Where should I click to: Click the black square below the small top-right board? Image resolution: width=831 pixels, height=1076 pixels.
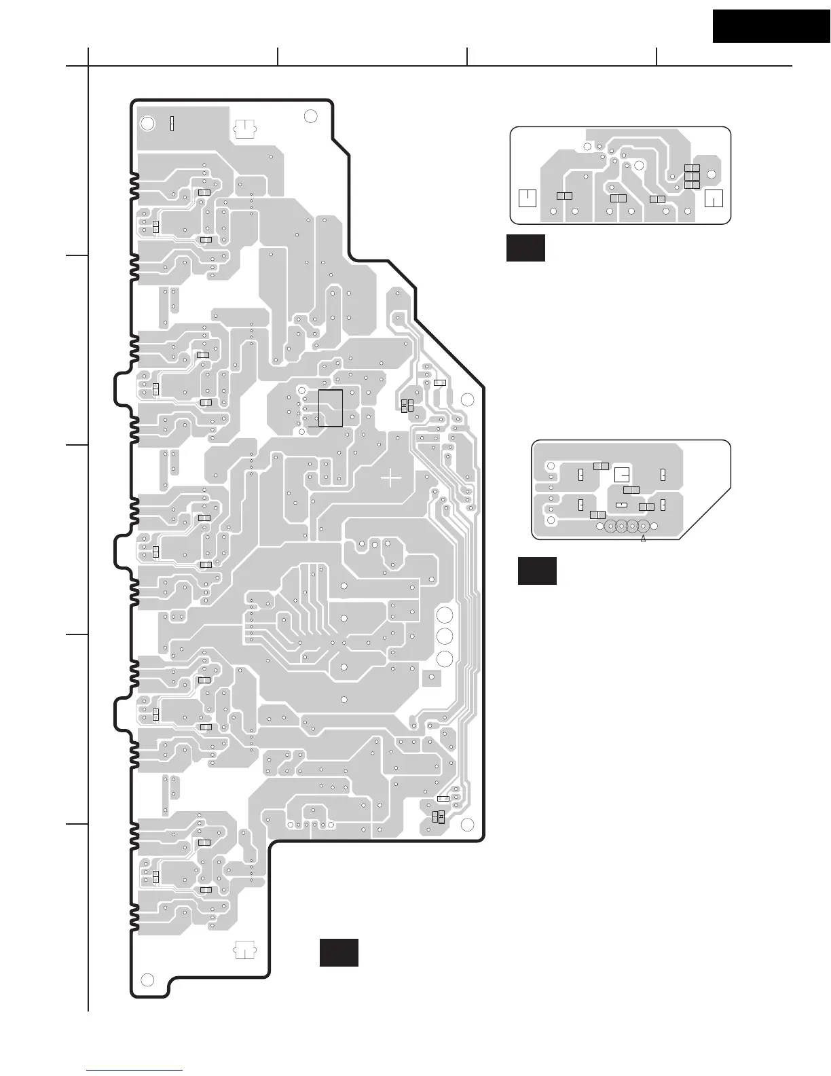click(525, 248)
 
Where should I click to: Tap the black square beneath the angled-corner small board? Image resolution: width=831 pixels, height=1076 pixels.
click(537, 571)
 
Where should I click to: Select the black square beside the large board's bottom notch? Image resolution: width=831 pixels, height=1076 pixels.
click(339, 952)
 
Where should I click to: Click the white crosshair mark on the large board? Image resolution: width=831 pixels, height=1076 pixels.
click(391, 478)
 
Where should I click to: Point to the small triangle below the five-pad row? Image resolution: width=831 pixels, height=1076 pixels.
click(643, 539)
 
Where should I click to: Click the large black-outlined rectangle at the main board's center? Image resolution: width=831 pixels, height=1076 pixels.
click(331, 408)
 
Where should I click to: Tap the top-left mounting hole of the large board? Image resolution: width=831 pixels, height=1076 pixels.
click(147, 124)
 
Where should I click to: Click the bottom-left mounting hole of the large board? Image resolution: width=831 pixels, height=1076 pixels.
click(147, 980)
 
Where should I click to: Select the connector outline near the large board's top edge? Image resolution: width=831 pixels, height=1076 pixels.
click(244, 129)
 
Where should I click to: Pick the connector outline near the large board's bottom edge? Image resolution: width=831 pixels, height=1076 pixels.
click(244, 950)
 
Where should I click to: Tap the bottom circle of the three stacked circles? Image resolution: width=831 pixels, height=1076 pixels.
click(445, 658)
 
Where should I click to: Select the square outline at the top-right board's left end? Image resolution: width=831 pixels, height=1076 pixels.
click(527, 198)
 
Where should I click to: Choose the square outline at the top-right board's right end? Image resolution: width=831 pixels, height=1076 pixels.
click(714, 198)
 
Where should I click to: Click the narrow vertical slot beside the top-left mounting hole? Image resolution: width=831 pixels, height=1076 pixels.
click(172, 123)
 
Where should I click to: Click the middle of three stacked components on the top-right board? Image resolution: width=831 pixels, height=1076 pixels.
click(692, 176)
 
